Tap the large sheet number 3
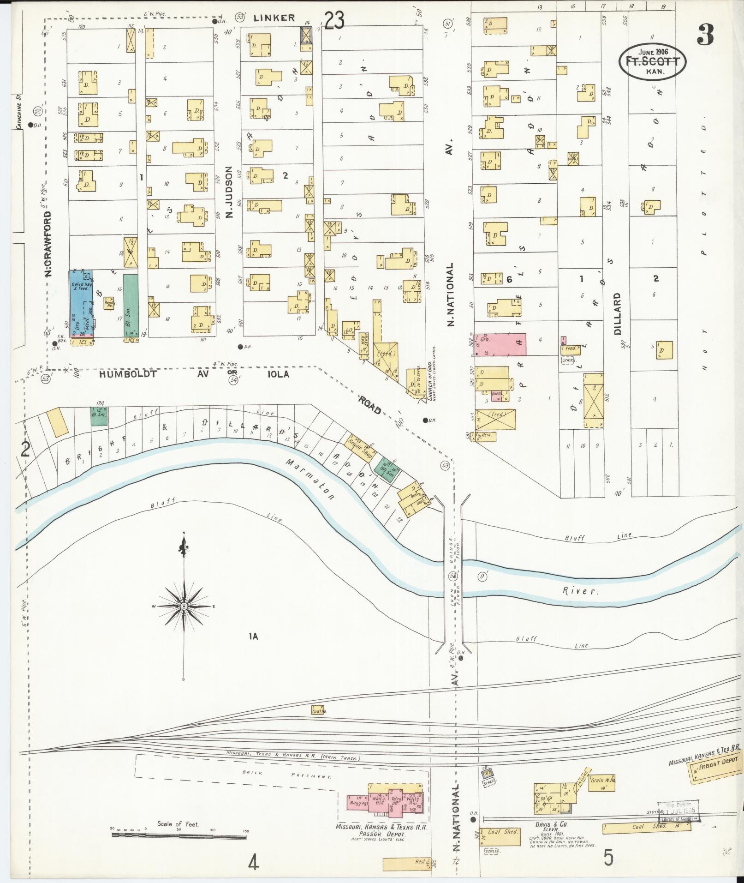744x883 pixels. click(x=705, y=35)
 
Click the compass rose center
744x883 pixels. click(x=184, y=606)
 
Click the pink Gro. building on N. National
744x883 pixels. click(x=500, y=344)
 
